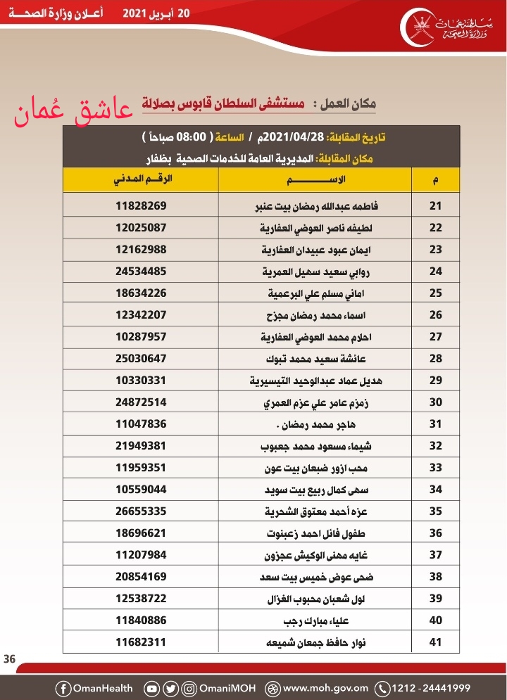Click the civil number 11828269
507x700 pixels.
click(141, 206)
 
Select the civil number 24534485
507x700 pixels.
click(141, 272)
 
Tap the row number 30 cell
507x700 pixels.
click(435, 402)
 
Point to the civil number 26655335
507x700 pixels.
click(141, 511)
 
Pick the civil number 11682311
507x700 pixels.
click(141, 642)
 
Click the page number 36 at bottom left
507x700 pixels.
click(10, 659)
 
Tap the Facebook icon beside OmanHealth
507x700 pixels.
click(64, 688)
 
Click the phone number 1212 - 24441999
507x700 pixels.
click(430, 688)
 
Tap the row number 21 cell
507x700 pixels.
click(435, 206)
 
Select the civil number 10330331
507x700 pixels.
click(141, 381)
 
